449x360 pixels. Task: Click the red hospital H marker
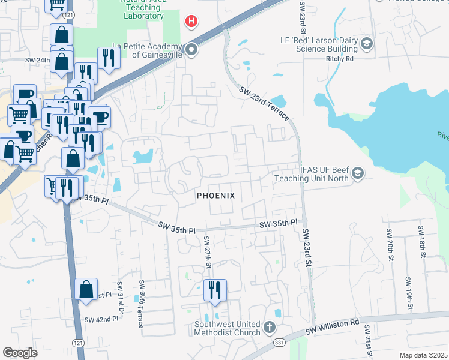(x=191, y=23)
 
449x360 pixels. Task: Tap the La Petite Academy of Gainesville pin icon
(x=191, y=49)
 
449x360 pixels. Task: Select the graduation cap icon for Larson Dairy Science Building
(x=367, y=43)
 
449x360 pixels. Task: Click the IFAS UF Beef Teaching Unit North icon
(x=358, y=173)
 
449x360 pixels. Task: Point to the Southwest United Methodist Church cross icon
(x=270, y=328)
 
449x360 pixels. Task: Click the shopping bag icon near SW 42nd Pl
(x=86, y=289)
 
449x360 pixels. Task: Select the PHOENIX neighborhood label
(x=215, y=196)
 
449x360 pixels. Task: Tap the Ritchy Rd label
(x=341, y=59)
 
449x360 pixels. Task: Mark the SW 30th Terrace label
(x=141, y=304)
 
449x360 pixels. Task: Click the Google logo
(x=20, y=353)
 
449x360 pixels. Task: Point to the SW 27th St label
(x=206, y=252)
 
